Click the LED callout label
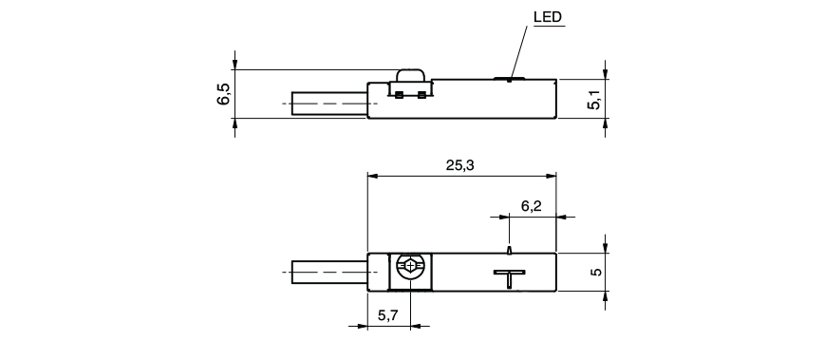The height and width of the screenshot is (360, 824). pos(548,17)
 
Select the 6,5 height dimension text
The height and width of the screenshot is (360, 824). pos(223,94)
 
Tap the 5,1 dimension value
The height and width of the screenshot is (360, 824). pos(594,99)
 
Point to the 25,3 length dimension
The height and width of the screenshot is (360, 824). pos(460,165)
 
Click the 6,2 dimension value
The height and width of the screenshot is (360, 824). pos(532,206)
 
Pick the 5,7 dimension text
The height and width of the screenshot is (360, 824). pos(388,316)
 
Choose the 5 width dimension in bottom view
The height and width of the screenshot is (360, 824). pos(595,272)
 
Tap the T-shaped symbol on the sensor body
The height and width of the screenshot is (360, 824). pos(509,278)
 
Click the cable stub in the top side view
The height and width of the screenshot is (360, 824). pos(329,103)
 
